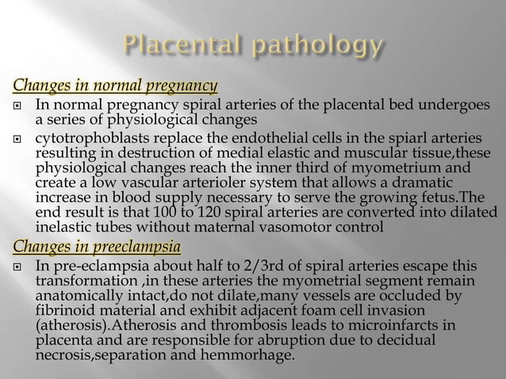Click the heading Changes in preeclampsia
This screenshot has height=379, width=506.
pos(92,244)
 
